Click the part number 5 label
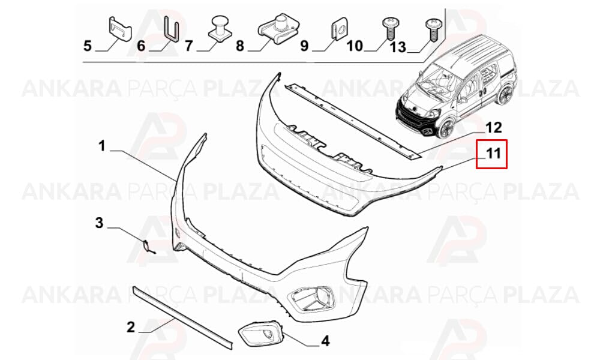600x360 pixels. coord(88,46)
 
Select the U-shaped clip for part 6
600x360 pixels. coord(171,28)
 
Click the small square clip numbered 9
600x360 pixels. coord(337,29)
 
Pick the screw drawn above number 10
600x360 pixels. coord(388,28)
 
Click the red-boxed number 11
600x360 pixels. coord(493,154)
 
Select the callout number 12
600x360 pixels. coord(494,127)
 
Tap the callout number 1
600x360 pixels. coord(101,145)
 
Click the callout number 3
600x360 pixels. coord(99,222)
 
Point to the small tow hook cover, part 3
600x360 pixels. coord(148,247)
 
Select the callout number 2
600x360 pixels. coord(131,327)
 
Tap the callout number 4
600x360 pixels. coord(325,340)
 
